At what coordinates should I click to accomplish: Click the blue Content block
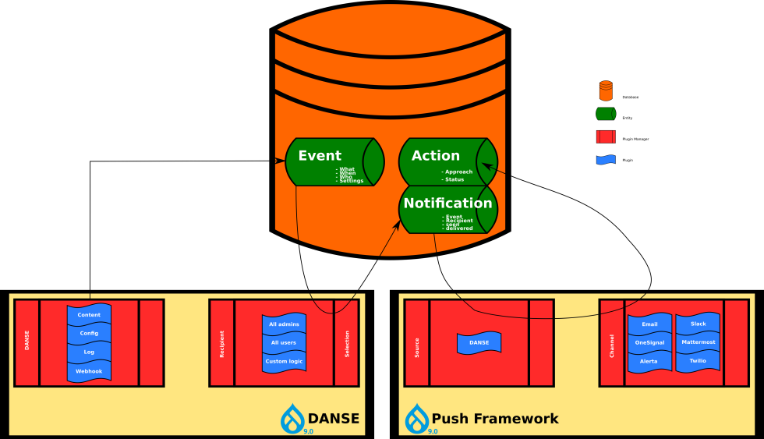(89, 315)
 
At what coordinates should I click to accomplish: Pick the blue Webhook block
(89, 371)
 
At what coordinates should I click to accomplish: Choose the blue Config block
(89, 333)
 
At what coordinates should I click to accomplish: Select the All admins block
(284, 324)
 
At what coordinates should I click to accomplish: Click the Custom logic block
(284, 361)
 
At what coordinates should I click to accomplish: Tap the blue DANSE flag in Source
(479, 342)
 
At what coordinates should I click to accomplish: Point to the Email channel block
(649, 324)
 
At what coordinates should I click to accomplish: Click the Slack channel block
(699, 324)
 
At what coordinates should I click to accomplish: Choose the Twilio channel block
(699, 361)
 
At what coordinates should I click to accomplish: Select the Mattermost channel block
(699, 342)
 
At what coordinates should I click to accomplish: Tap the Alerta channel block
(649, 362)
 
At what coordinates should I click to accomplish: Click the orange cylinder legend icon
(606, 90)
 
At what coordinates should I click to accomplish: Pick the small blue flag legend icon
(606, 160)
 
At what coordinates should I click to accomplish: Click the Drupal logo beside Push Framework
(417, 418)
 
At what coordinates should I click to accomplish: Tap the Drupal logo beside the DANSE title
(293, 418)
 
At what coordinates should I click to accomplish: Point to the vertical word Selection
(347, 343)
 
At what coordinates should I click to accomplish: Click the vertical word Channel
(612, 343)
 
